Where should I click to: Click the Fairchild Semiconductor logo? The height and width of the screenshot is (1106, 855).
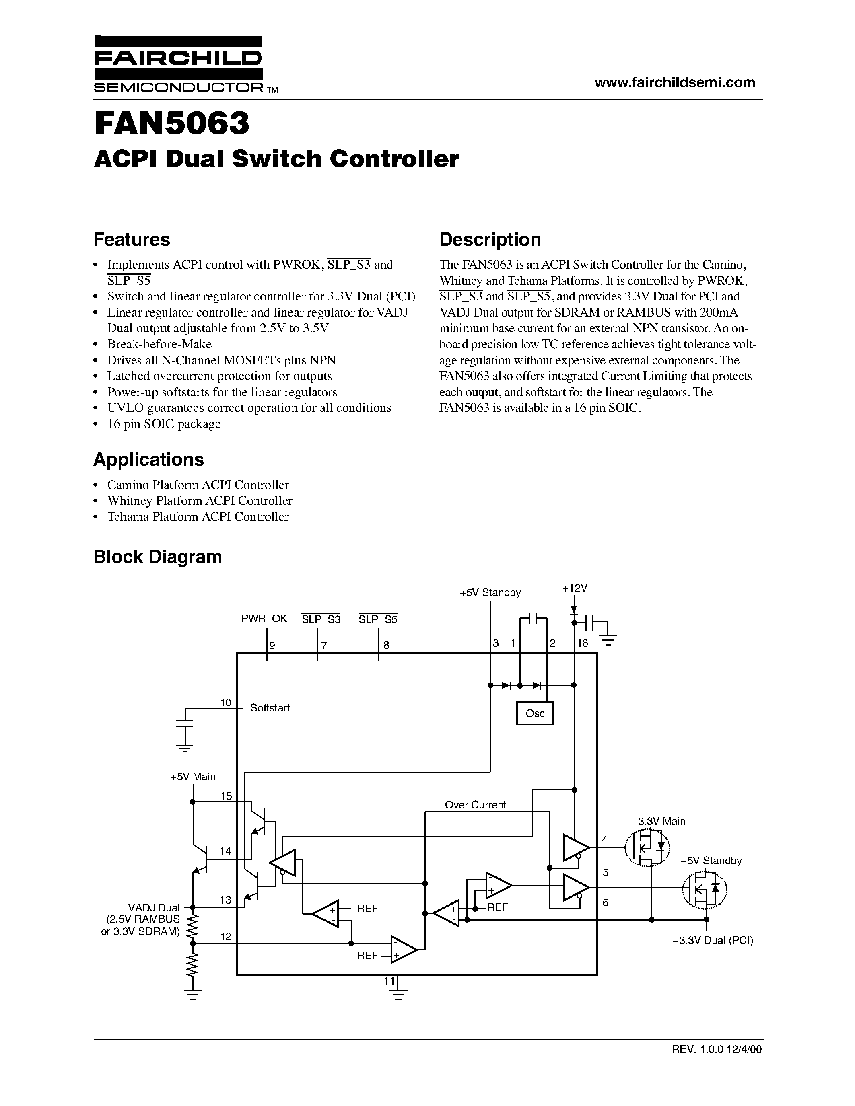pos(178,64)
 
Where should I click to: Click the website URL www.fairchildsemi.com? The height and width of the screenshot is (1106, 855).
pos(675,82)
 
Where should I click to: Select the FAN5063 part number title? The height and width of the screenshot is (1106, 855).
pos(172,123)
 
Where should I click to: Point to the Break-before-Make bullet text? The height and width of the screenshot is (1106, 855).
pos(159,344)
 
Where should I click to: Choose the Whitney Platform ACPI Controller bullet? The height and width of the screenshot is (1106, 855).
pos(200,501)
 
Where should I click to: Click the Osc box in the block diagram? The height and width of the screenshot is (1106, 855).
pos(535,713)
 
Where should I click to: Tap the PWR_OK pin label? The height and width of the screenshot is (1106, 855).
pos(264,619)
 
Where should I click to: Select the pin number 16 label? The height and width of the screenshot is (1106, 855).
pos(583,643)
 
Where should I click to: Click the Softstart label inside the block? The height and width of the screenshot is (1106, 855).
pos(270,708)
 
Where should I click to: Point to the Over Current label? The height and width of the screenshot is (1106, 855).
pos(475,805)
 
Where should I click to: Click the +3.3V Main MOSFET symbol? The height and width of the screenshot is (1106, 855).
pos(647,847)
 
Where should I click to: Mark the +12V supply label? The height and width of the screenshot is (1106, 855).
pos(575,588)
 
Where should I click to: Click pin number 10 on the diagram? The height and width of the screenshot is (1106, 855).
pos(225,702)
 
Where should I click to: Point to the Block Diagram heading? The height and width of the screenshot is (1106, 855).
pos(158,557)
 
